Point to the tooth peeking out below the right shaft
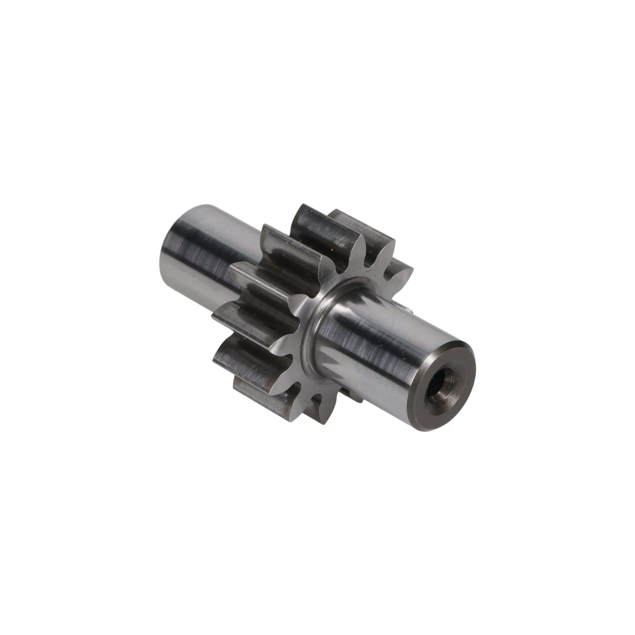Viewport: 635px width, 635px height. tap(352, 393)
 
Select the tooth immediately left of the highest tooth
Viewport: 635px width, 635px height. tap(289, 243)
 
